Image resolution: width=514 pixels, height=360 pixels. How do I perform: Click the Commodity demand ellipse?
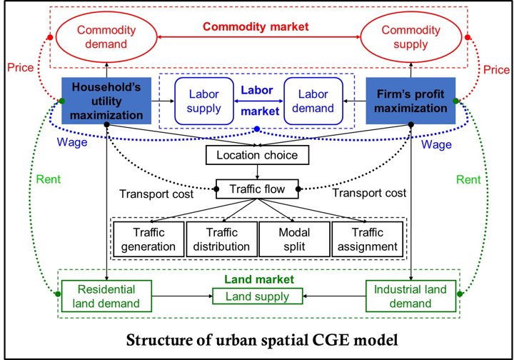click(x=102, y=37)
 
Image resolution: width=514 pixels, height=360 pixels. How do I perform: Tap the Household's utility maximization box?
click(x=106, y=100)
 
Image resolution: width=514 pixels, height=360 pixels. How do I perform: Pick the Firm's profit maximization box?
click(x=410, y=100)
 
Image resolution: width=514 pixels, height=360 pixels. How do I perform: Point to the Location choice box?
click(x=257, y=154)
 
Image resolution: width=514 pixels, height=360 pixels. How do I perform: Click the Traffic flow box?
click(x=257, y=189)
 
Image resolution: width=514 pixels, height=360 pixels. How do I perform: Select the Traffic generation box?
click(x=148, y=239)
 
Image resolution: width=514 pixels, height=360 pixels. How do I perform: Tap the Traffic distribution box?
click(x=221, y=239)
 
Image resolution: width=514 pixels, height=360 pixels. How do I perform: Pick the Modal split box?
click(x=293, y=239)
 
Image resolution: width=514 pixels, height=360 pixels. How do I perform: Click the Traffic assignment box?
click(x=367, y=239)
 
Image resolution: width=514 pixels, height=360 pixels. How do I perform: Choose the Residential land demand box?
click(x=106, y=296)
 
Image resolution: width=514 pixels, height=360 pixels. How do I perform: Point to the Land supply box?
click(x=257, y=296)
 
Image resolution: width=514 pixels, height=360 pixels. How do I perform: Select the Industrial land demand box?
click(x=411, y=296)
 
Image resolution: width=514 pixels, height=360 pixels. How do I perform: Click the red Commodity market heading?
click(x=256, y=27)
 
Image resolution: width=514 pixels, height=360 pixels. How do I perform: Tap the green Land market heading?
click(x=256, y=279)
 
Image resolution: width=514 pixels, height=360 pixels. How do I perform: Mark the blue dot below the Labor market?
click(x=257, y=129)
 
